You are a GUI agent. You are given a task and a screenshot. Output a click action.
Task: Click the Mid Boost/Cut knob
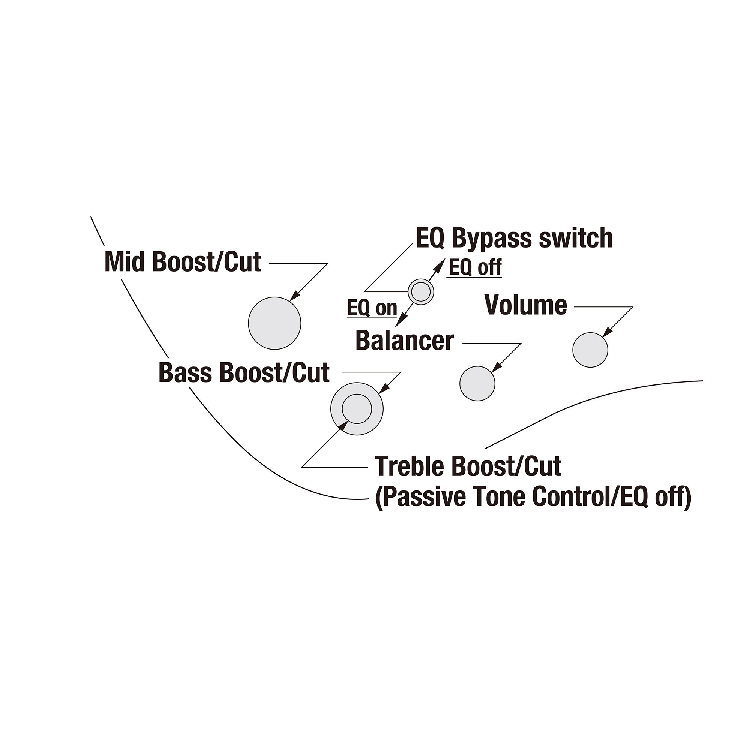coord(274,323)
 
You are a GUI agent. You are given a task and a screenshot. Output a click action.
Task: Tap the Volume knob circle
coord(590,350)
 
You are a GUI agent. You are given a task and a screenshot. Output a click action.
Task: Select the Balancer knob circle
coord(477,384)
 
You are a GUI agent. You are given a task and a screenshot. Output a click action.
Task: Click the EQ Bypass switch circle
coord(421,291)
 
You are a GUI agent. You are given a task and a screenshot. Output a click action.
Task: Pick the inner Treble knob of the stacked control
coord(357,409)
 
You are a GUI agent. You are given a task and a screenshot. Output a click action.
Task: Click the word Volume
coord(526,305)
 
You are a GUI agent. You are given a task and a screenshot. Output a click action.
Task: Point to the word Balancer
coord(405,341)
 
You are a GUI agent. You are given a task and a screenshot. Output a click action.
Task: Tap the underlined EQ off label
coord(475,267)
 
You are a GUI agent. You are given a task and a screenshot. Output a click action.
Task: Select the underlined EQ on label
coord(372,308)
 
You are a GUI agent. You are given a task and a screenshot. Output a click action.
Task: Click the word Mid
coord(126,262)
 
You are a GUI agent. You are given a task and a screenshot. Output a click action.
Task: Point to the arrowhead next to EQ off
coord(440,265)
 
